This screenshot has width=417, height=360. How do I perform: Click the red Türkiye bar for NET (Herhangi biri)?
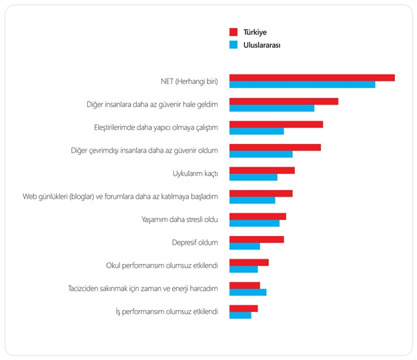(312, 78)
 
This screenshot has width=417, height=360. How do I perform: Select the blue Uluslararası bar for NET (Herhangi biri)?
(302, 85)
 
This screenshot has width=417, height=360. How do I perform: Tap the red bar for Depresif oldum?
(256, 239)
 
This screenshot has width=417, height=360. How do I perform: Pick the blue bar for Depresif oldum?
(244, 246)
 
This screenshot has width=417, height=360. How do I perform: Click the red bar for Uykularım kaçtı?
(262, 170)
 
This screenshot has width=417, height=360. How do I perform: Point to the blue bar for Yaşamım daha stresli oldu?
(254, 223)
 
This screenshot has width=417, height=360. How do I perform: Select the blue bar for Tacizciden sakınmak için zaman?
(248, 292)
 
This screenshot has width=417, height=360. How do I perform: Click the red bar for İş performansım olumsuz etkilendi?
(243, 309)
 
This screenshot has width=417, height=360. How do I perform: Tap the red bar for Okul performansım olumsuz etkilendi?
(249, 263)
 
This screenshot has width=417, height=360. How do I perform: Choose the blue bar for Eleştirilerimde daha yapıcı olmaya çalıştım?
(256, 131)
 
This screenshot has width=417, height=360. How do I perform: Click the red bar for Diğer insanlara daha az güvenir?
(284, 101)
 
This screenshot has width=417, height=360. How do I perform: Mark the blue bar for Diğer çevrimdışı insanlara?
(261, 154)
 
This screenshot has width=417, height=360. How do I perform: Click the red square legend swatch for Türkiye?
(234, 32)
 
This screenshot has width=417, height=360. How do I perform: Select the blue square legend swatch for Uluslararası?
(234, 45)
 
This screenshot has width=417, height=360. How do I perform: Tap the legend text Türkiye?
(255, 32)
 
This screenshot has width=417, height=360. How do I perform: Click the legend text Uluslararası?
(262, 45)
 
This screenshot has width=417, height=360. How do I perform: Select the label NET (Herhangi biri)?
(189, 81)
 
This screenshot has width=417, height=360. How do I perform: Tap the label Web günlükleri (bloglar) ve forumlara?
(120, 197)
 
